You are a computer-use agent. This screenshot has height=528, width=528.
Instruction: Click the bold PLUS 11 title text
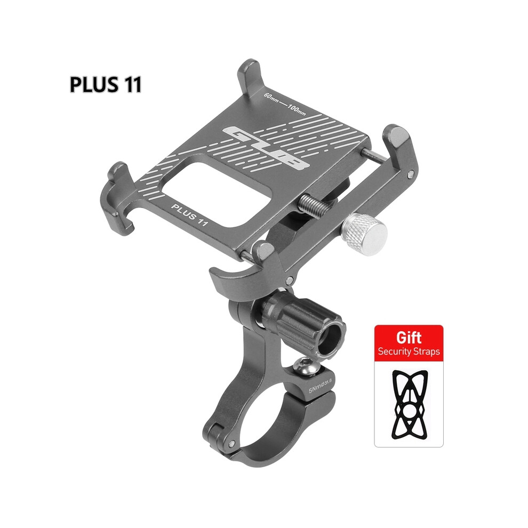coord(106,84)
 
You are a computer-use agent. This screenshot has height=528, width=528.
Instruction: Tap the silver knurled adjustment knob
coord(364,234)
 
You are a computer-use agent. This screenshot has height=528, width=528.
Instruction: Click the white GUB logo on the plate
coord(266,147)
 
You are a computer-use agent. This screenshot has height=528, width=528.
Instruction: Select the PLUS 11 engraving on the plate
coord(189,214)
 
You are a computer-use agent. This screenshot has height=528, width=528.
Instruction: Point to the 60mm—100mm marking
coord(285,103)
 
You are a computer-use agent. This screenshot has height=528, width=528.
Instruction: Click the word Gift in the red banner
coord(409,337)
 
